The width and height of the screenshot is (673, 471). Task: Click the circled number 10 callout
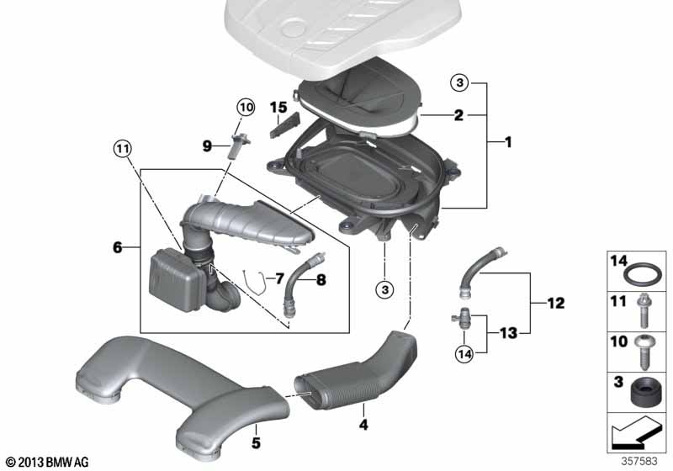[246, 108]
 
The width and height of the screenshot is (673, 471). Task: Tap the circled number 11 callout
[123, 149]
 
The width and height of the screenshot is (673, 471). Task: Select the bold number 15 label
[278, 108]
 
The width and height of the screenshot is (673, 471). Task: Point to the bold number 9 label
[207, 146]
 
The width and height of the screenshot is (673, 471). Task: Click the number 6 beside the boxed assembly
[117, 247]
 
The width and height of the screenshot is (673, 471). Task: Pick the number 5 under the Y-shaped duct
[256, 442]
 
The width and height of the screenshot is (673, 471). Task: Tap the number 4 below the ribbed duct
[363, 425]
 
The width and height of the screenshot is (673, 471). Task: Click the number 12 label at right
[556, 304]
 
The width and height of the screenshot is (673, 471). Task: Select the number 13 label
[509, 332]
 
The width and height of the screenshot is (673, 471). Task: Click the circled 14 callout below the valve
[465, 354]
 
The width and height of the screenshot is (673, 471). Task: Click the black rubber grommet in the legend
[646, 392]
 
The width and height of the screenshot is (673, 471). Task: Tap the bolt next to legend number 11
[644, 310]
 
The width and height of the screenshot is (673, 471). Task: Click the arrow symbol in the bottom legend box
[635, 432]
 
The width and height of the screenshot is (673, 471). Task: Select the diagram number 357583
[639, 461]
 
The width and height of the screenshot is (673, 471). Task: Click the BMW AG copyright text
[47, 462]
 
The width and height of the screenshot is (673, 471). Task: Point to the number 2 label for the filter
[458, 115]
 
